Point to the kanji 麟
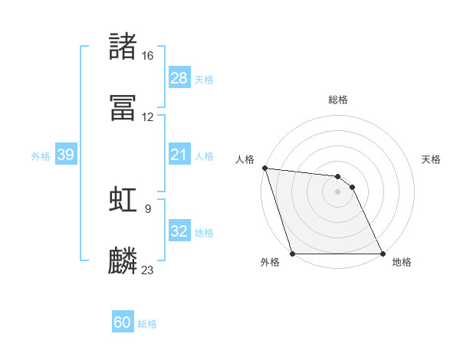click(x=123, y=260)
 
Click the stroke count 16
click(x=147, y=56)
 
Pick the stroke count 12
click(x=147, y=117)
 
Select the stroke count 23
click(x=147, y=270)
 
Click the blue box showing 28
click(x=179, y=78)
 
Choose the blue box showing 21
click(x=179, y=155)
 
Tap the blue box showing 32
click(x=179, y=231)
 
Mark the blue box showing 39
click(x=66, y=155)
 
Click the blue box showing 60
click(x=123, y=323)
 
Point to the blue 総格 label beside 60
click(x=147, y=324)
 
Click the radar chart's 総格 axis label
click(x=337, y=100)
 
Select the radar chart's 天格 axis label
click(x=431, y=159)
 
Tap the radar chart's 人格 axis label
click(x=245, y=159)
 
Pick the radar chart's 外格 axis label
click(x=270, y=262)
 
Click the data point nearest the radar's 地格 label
click(x=382, y=253)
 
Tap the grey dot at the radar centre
click(x=337, y=191)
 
